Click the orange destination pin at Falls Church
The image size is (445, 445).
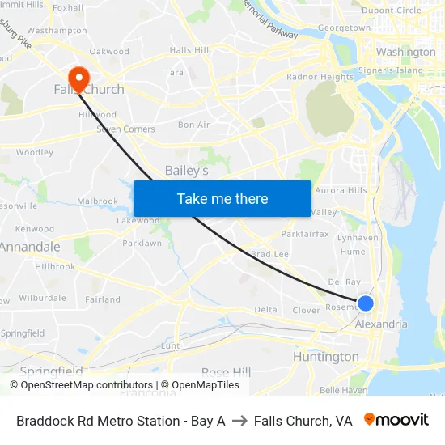[78, 78]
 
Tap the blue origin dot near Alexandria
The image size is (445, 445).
[366, 303]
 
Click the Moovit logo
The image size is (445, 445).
[396, 420]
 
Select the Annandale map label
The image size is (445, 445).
[31, 247]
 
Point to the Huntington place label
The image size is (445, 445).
[326, 357]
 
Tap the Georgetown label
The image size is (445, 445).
[345, 28]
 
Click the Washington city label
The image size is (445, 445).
[406, 52]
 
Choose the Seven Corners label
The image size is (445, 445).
[125, 129]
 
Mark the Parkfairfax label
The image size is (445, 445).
[305, 234]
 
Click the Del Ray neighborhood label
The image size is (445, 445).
[345, 282]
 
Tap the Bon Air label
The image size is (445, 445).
[194, 125]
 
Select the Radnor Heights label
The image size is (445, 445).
[320, 78]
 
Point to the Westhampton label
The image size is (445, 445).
[57, 30]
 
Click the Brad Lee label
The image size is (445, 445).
[270, 254]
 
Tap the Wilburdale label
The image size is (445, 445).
[42, 298]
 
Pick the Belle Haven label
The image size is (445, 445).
[343, 389]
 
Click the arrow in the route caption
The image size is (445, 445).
[239, 421]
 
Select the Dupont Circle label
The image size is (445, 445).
[392, 11]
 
